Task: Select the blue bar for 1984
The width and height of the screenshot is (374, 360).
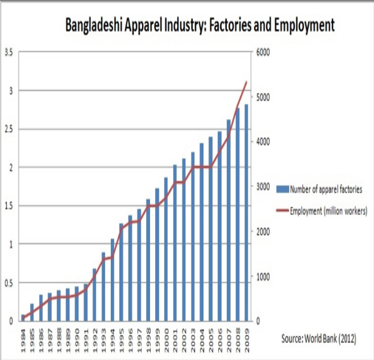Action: (x=24, y=317)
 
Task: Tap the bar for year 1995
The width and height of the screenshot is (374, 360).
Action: (x=121, y=272)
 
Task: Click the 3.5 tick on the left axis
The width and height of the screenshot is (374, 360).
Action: (x=9, y=52)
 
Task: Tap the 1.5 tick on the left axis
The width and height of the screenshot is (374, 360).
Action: (x=9, y=206)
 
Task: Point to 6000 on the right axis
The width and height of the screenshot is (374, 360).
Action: (x=264, y=52)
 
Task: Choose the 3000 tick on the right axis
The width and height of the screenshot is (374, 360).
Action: (x=264, y=187)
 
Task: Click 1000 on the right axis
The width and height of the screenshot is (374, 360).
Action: (x=264, y=276)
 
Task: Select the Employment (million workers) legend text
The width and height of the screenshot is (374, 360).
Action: (x=328, y=211)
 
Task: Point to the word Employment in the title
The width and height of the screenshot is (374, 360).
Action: (x=304, y=25)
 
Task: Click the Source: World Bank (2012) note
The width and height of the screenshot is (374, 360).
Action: (x=319, y=339)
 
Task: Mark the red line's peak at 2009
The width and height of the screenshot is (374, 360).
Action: (x=246, y=82)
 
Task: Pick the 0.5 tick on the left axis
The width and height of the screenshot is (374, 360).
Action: (x=9, y=283)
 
